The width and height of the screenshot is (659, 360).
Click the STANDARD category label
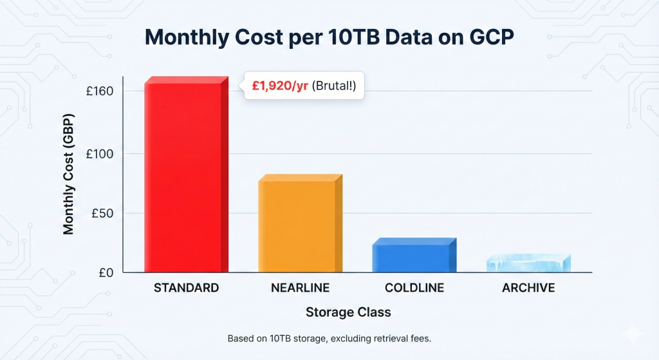186,288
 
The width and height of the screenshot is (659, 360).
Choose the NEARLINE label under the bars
301,288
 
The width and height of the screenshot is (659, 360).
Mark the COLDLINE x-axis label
414,288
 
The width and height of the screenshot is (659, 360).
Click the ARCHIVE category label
528,288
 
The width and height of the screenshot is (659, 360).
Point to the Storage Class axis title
348,312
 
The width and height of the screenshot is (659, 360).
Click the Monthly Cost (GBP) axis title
68,174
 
